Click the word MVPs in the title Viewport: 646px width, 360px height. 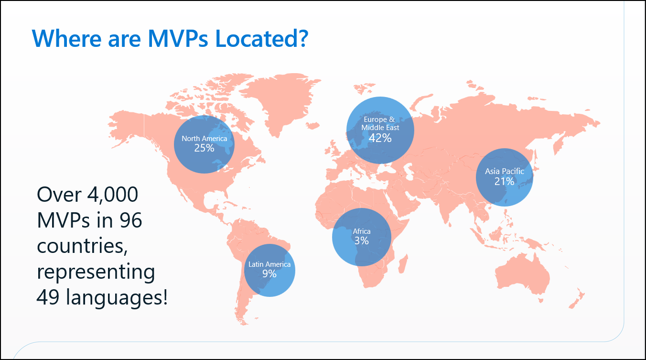pos(178,38)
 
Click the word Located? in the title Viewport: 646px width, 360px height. pos(262,38)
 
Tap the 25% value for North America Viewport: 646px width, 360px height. pos(204,148)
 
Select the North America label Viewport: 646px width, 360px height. pos(204,139)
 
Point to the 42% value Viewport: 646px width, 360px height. pos(380,138)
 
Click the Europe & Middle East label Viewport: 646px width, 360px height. pos(380,123)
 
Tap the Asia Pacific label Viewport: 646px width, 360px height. pos(505,171)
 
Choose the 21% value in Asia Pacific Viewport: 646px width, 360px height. pos(505,182)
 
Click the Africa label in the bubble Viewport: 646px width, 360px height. pos(362,231)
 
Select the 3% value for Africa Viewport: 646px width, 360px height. pos(362,240)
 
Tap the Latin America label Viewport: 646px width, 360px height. pos(269,264)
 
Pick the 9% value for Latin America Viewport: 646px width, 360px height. pos(269,273)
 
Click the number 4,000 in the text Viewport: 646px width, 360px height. pos(112,195)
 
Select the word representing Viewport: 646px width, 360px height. pos(96,273)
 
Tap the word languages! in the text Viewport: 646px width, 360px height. pos(117,298)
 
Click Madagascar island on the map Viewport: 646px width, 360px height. pos(403,263)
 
